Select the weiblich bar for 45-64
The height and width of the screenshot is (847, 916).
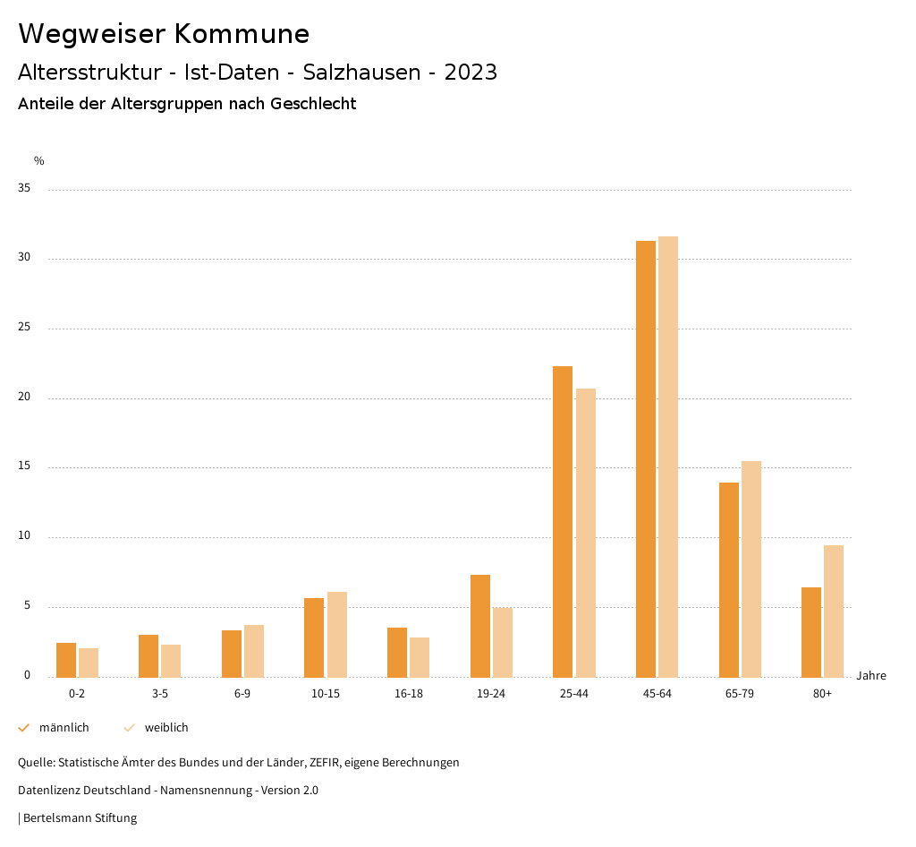coord(668,457)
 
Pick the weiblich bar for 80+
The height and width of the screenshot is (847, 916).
coord(834,611)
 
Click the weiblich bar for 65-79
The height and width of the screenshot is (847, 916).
coord(751,569)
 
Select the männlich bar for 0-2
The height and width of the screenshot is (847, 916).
coord(66,660)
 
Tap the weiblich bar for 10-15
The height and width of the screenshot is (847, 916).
coord(337,634)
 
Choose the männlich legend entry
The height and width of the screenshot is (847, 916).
coord(64,728)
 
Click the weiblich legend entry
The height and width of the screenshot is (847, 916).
coord(166,728)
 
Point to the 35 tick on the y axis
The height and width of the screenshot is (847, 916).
coord(24,189)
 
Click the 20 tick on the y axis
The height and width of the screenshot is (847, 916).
coord(24,398)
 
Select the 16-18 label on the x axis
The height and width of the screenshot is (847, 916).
coord(409,694)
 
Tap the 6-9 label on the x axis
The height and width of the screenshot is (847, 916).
coord(242,694)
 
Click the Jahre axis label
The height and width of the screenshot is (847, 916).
coord(870,676)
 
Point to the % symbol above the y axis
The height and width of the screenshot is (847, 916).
coord(38,161)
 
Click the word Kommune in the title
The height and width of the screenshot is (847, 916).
coord(242,34)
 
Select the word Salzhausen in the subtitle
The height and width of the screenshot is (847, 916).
coord(362,73)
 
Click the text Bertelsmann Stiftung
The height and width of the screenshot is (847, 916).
coord(80,818)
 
